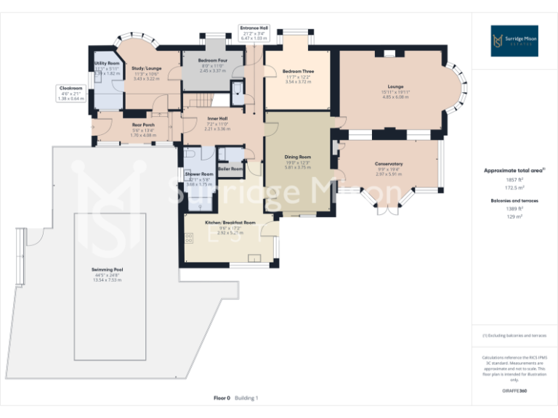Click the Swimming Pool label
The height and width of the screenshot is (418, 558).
point(107,269)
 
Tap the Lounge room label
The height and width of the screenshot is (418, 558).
point(395,86)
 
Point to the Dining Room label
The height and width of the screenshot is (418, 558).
point(297,157)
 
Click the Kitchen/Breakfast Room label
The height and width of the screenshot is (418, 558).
point(230,222)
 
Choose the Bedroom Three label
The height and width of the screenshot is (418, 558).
point(298,72)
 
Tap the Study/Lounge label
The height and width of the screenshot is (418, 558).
point(147,68)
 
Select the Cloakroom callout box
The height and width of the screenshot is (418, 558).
point(71,92)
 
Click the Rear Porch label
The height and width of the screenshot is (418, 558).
point(143,124)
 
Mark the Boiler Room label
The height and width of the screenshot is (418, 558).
point(231,168)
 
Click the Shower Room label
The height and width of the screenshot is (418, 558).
point(198,174)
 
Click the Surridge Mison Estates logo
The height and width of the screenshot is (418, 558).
point(514,41)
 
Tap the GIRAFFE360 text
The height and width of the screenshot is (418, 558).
point(514,391)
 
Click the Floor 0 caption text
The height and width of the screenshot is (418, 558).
point(222,398)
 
